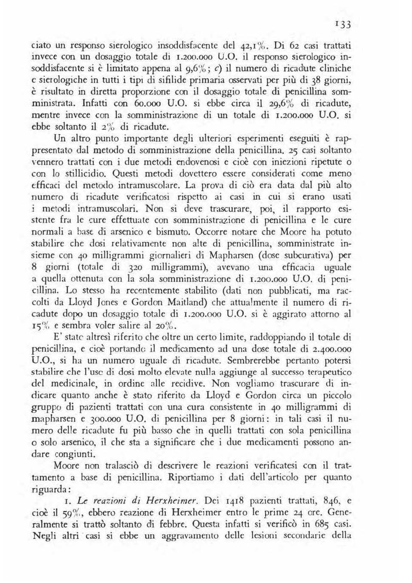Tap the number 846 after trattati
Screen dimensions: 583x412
coord(328,500)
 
